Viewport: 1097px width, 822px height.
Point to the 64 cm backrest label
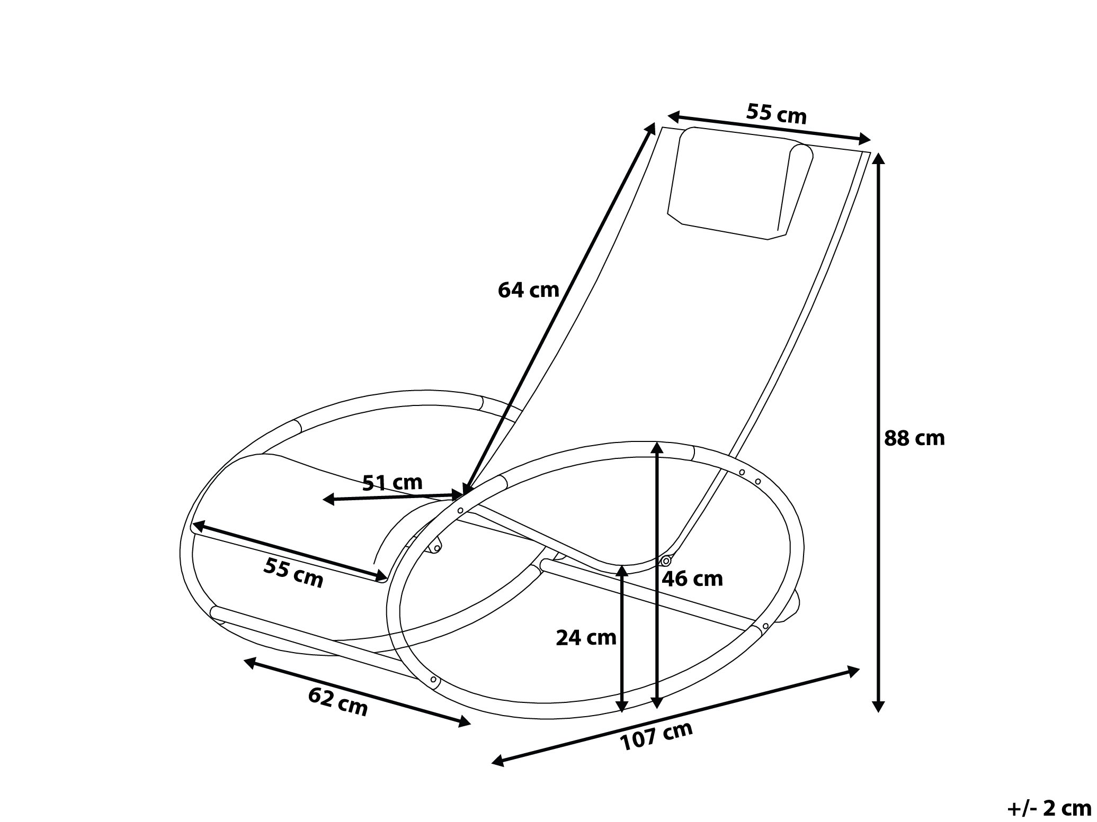pyautogui.click(x=528, y=290)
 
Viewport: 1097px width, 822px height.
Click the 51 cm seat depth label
pyautogui.click(x=393, y=482)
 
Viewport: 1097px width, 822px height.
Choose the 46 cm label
pyautogui.click(x=692, y=579)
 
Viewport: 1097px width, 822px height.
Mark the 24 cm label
pyautogui.click(x=586, y=637)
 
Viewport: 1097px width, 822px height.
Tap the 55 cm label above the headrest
pyautogui.click(x=777, y=113)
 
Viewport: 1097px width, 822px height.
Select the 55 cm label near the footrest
pyautogui.click(x=293, y=573)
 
